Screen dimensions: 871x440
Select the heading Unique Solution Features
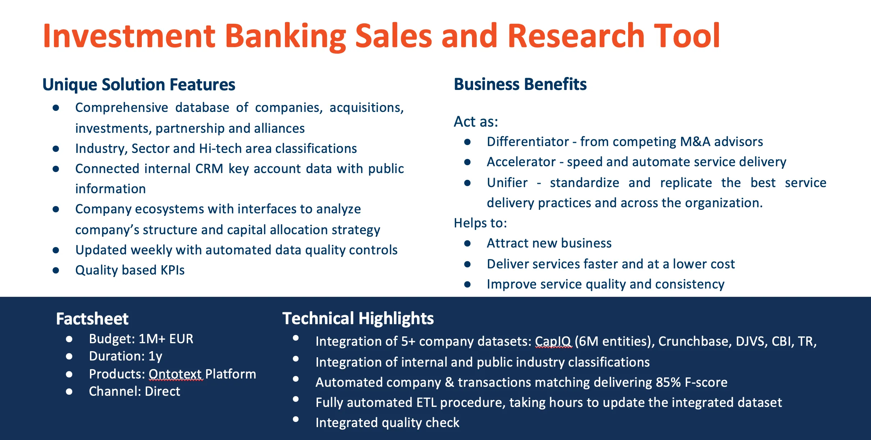[x=139, y=85]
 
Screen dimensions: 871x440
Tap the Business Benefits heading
[x=520, y=84]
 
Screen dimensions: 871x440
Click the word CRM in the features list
[x=209, y=169]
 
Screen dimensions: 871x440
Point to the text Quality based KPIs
[x=130, y=270]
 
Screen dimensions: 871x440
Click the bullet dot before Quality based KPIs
[x=56, y=270]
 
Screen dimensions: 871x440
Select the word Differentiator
[x=528, y=142]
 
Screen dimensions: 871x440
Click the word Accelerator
[x=521, y=162]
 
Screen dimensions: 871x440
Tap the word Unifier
[x=507, y=183]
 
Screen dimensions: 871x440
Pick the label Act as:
[x=476, y=122]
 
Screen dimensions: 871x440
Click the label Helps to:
[x=480, y=223]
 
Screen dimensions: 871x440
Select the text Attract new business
[x=549, y=243]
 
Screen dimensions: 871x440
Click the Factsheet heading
[x=92, y=319]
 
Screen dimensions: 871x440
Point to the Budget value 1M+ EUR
[x=166, y=339]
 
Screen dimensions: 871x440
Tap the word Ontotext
[x=176, y=374]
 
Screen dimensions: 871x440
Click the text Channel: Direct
[x=135, y=391]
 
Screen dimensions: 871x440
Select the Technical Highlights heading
[x=358, y=319]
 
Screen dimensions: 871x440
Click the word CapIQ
[x=553, y=341]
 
